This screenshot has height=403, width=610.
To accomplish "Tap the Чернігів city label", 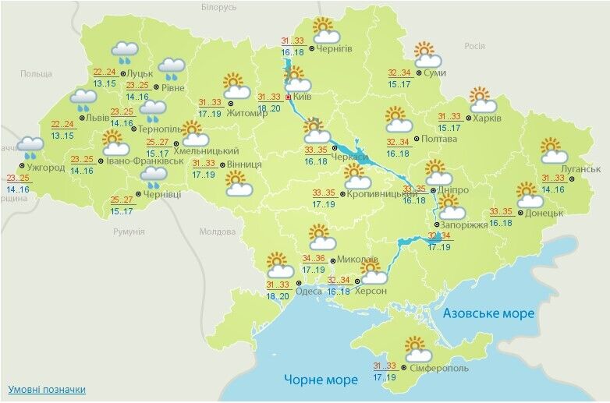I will [335, 48].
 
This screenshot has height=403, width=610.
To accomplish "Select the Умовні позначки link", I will [47, 389].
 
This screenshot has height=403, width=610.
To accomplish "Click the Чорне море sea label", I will [320, 380].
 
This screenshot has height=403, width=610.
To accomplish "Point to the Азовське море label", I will [488, 313].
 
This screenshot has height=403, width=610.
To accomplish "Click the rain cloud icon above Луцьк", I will [124, 52].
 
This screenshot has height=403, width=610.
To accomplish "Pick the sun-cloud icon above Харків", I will [483, 100].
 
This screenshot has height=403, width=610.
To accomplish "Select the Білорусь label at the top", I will [218, 7].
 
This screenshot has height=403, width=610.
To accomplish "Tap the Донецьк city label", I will [544, 212].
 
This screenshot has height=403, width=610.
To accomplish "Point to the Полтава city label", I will [436, 140].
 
